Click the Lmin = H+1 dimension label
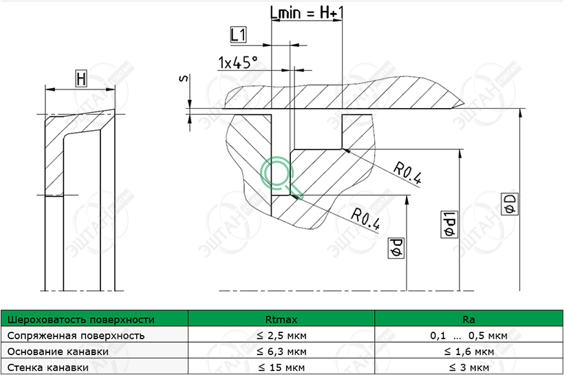point(307,13)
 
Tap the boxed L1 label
point(238,35)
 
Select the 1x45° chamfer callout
point(238,63)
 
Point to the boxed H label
point(81,79)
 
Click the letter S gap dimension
point(184,78)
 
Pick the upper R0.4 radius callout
point(406,173)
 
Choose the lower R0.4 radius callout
point(365,218)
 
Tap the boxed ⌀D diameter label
point(510,204)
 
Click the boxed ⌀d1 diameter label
point(449,224)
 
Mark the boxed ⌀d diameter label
point(396,248)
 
